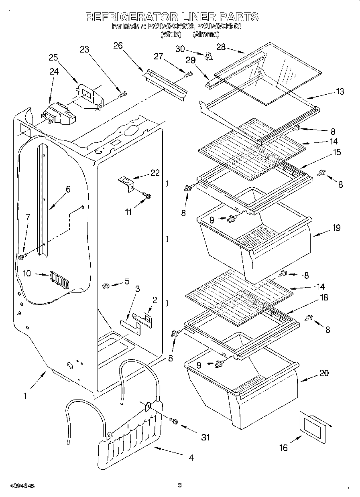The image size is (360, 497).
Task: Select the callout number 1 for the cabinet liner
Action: click(25, 396)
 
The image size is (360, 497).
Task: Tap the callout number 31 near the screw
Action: click(205, 437)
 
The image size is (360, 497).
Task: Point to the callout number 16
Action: click(284, 447)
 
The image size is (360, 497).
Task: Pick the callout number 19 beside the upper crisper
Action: click(336, 228)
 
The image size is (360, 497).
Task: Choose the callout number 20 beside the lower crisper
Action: click(324, 373)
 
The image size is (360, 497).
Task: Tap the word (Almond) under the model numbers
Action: click(206, 34)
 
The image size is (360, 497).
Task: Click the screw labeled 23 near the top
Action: click(123, 95)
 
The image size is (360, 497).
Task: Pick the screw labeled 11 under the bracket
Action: click(147, 196)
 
